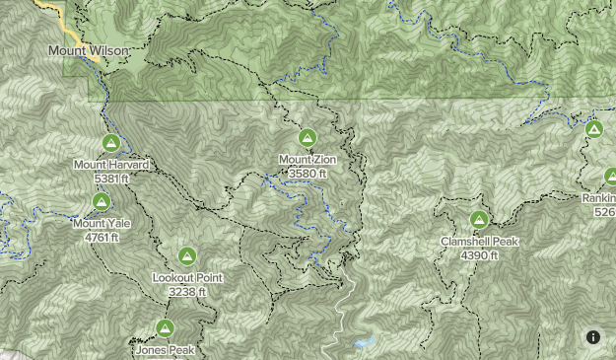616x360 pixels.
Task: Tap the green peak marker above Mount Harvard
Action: click(110, 144)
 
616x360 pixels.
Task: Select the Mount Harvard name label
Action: click(110, 165)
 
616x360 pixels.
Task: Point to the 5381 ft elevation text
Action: click(110, 179)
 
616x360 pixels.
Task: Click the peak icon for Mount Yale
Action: click(101, 202)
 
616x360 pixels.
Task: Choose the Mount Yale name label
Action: click(101, 223)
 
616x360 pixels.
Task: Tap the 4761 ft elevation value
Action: click(101, 237)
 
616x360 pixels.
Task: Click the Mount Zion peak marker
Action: click(308, 138)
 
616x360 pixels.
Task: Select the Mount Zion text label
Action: click(308, 159)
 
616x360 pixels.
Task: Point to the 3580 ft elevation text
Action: click(308, 173)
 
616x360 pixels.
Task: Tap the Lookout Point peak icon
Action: click(187, 257)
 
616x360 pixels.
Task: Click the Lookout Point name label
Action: click(187, 278)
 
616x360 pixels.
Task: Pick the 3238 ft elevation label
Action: click(187, 292)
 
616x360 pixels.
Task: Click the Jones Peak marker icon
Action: click(165, 328)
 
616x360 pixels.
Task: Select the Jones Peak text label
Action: click(165, 349)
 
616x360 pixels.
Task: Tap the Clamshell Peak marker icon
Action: click(479, 220)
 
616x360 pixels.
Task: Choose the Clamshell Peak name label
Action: click(479, 242)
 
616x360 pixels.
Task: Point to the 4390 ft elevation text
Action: click(479, 255)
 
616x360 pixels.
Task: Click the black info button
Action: click(593, 337)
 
